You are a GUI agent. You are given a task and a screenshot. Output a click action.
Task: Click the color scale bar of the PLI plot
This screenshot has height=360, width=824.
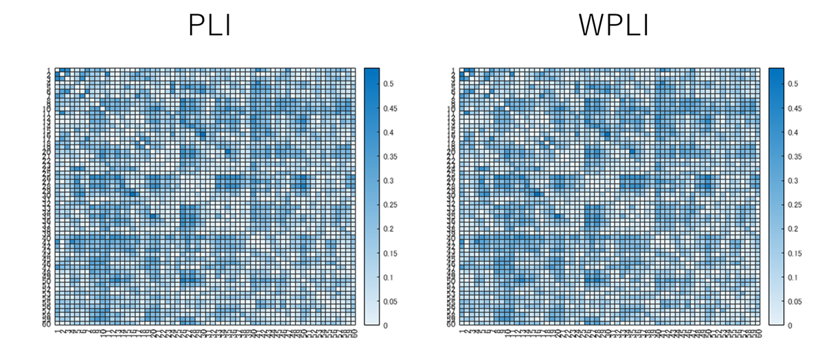tap(370, 196)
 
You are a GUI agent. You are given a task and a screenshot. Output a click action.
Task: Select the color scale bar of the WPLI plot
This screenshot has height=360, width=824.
tap(776, 196)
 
